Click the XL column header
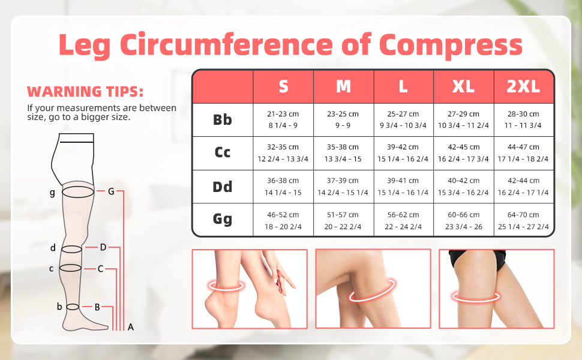[463, 86]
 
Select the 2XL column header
[523, 86]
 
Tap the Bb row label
[223, 120]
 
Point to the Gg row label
[223, 220]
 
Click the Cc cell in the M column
[343, 153]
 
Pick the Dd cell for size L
[403, 187]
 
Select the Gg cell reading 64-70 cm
[523, 220]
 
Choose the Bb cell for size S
[283, 119]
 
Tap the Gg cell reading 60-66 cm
[463, 220]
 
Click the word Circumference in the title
[226, 44]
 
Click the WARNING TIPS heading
[85, 91]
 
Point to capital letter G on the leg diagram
[111, 191]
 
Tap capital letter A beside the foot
[130, 327]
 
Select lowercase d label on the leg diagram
[53, 248]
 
